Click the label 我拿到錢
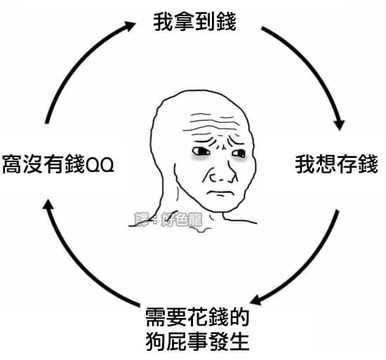194,22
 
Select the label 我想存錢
336,164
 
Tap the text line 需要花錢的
197,317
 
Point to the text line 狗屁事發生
197,341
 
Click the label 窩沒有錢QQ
58,164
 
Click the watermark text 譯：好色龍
168,220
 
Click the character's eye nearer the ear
201,151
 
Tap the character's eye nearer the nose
239,154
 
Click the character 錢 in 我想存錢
368,164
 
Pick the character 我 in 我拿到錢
164,22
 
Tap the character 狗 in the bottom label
156,341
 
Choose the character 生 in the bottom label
239,341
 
